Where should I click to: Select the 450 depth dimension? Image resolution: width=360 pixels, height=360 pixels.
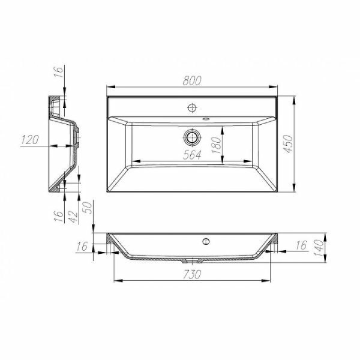click(288, 145)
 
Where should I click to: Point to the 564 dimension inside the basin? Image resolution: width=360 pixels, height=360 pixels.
click(192, 154)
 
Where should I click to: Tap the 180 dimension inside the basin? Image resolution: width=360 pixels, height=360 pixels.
click(217, 144)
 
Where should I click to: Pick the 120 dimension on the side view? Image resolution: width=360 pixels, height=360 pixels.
click(30, 140)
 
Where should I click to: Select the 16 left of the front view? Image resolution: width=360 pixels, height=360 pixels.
click(82, 246)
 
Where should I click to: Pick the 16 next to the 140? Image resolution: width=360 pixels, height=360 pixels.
click(301, 245)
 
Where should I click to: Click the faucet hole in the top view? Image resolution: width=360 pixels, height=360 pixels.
click(193, 108)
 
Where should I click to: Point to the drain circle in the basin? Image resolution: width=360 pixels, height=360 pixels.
click(193, 137)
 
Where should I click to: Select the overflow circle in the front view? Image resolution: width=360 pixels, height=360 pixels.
click(205, 242)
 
